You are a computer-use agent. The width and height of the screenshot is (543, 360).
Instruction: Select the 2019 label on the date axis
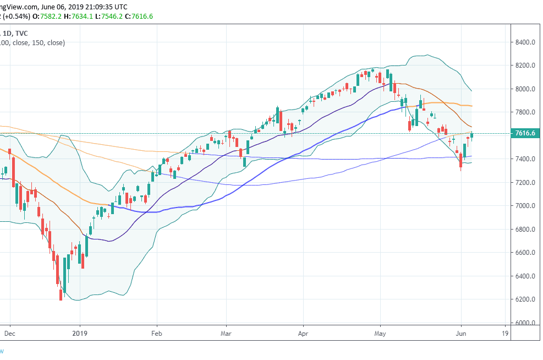pyautogui.click(x=80, y=333)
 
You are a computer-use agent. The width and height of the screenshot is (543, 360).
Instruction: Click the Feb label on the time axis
pyautogui.click(x=157, y=333)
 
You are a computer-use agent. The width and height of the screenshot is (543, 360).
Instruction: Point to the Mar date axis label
pyautogui.click(x=226, y=333)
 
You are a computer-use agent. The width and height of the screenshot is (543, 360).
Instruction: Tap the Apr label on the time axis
pyautogui.click(x=301, y=333)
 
